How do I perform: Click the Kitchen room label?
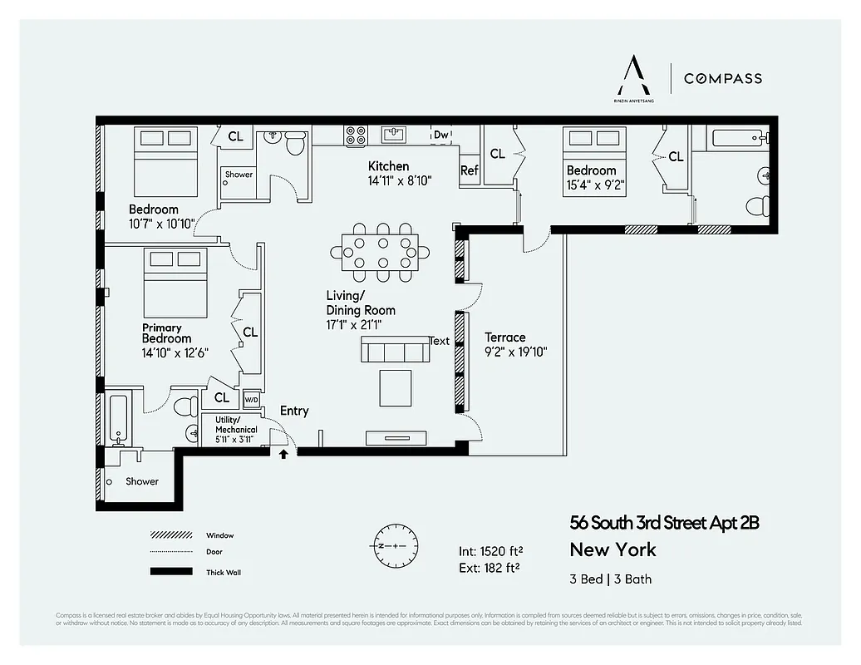pos(388,166)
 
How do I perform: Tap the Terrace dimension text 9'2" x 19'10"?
pos(515,351)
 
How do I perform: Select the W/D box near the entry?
pos(251,400)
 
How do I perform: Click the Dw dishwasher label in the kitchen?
pos(440,135)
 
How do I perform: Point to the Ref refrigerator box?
pos(470,170)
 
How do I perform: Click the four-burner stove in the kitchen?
pos(356,135)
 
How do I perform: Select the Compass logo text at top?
pos(722,78)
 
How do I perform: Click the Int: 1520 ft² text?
pos(490,551)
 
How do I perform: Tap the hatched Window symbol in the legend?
pos(166,535)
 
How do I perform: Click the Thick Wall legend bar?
pos(166,572)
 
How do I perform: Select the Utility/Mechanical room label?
pos(236,425)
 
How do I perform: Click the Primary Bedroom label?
pos(166,333)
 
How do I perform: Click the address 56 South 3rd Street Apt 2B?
pos(664,523)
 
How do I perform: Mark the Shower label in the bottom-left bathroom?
pos(142,481)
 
